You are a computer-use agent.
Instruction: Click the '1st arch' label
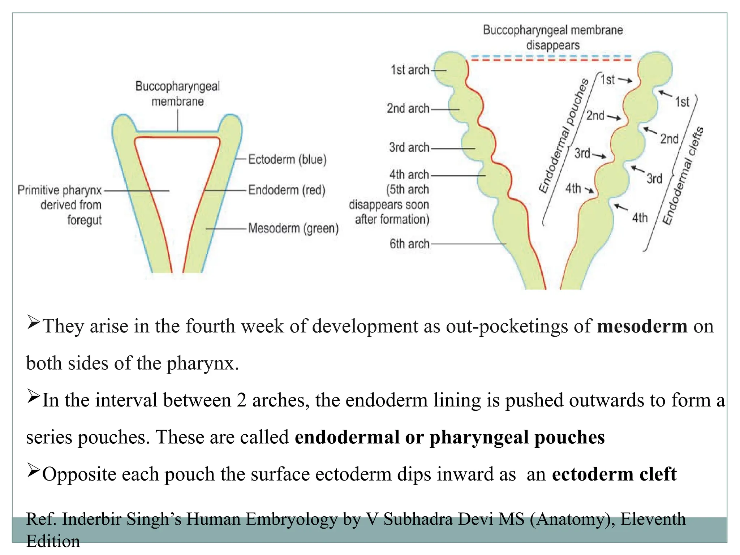click(410, 70)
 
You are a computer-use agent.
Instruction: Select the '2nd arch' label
click(408, 108)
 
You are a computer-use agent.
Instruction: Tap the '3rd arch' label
click(409, 147)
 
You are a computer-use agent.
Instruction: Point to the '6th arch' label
click(409, 244)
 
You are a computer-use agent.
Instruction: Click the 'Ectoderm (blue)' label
click(287, 159)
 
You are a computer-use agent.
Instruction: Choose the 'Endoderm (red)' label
click(287, 190)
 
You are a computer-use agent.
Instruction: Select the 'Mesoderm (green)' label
click(293, 228)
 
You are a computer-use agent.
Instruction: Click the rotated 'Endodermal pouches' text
click(563, 136)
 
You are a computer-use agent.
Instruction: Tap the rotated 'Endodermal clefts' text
click(683, 176)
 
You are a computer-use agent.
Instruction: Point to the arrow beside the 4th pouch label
click(589, 190)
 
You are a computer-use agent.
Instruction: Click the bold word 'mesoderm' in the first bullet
click(642, 326)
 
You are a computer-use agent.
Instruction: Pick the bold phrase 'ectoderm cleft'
click(614, 474)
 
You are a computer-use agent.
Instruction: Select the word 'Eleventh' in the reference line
click(653, 519)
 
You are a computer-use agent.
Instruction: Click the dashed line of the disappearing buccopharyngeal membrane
click(551, 58)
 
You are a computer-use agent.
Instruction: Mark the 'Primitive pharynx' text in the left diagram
click(60, 190)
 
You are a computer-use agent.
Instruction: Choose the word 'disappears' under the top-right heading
click(553, 45)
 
